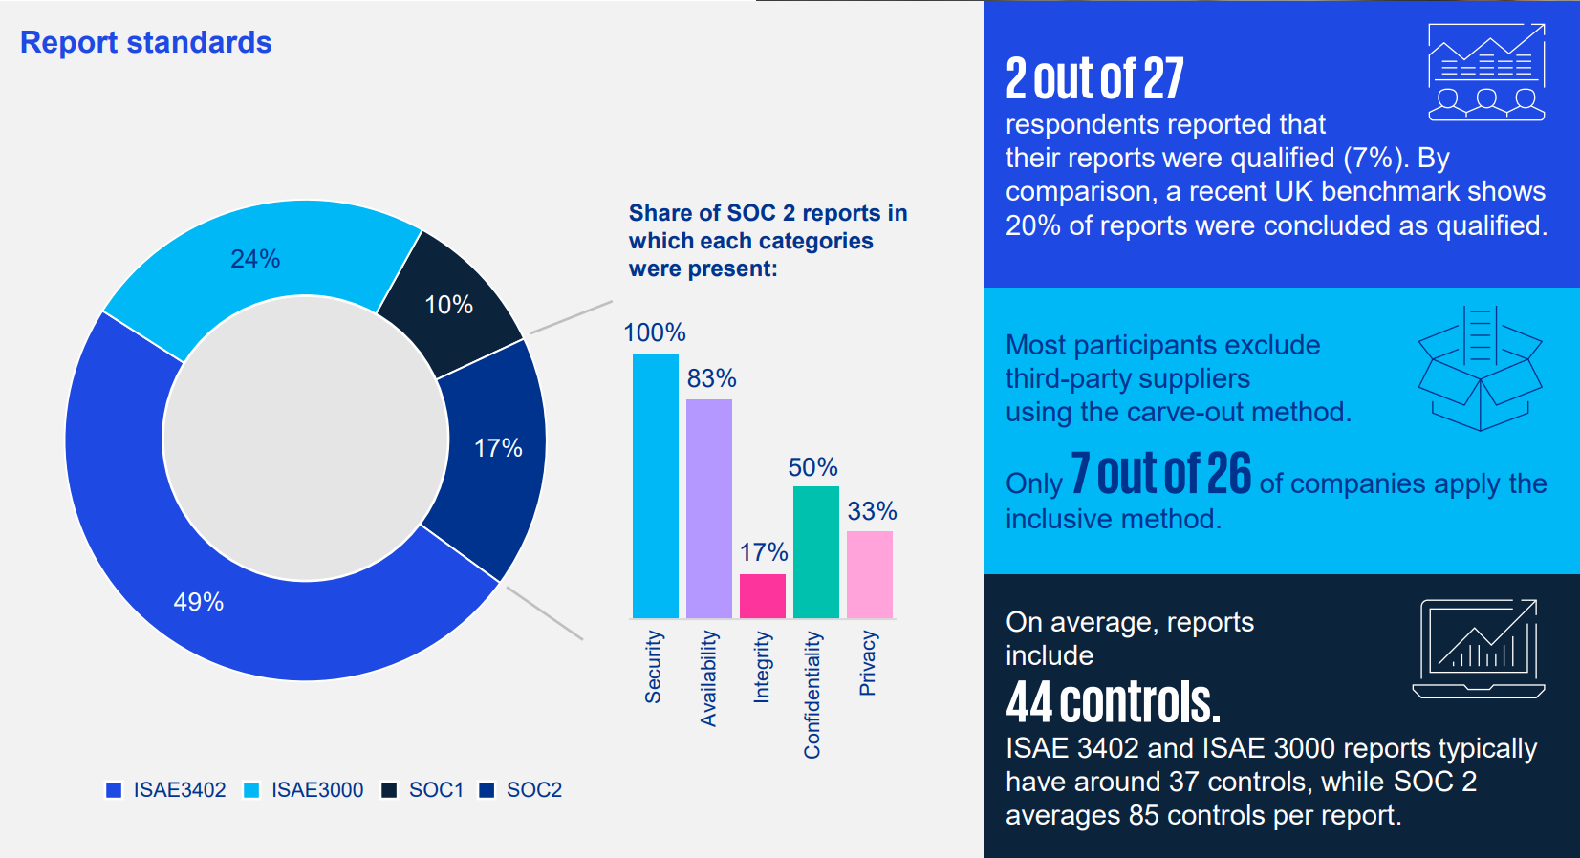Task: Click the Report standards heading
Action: [146, 43]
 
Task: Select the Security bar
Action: [655, 487]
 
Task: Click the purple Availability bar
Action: [708, 509]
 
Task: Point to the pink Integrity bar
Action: [762, 596]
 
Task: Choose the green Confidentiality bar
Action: [815, 552]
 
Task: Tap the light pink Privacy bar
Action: [869, 574]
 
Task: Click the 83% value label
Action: [711, 378]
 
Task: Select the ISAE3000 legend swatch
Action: [251, 790]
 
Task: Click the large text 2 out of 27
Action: [1094, 79]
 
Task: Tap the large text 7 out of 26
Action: [1160, 474]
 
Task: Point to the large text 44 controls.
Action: [1113, 703]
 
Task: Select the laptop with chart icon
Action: [1479, 648]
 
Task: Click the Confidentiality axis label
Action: [812, 695]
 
